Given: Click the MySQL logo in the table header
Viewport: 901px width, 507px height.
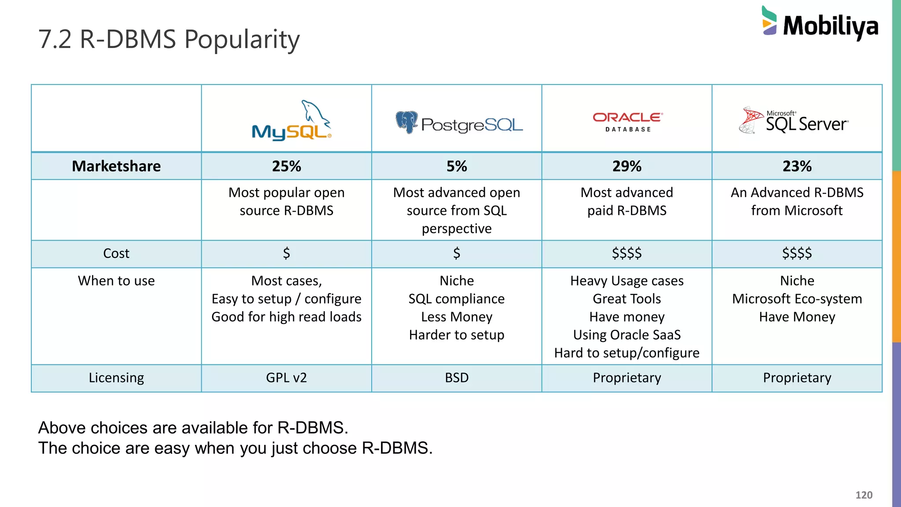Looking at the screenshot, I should [x=291, y=121].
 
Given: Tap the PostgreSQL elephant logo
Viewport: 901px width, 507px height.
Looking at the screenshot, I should [x=407, y=121].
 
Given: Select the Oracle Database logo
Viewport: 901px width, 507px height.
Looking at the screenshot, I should [x=627, y=121].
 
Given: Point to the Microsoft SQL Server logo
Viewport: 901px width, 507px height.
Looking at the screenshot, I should [x=794, y=121].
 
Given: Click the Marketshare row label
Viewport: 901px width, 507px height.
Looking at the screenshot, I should [x=116, y=166].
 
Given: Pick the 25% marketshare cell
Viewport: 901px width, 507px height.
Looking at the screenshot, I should [x=286, y=166].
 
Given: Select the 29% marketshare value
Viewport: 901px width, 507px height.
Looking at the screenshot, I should [x=627, y=166].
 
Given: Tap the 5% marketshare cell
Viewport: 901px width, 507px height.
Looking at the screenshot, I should [x=457, y=166].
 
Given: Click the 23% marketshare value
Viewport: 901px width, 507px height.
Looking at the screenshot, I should [x=797, y=166].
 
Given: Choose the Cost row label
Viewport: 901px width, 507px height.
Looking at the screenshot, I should [x=116, y=253].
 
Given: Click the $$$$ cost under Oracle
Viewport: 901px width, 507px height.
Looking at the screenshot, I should [x=627, y=253].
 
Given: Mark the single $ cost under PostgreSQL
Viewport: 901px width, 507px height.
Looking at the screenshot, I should [x=457, y=253].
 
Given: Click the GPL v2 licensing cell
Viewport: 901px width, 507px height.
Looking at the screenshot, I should [x=286, y=378].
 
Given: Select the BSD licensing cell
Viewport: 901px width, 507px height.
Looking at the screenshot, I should [x=457, y=378].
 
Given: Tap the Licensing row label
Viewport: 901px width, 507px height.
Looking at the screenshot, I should [x=116, y=378].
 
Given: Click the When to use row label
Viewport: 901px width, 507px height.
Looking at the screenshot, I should [x=116, y=281].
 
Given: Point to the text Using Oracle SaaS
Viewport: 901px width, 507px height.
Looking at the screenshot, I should [x=627, y=335].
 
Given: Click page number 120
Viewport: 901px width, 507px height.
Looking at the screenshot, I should [x=864, y=495].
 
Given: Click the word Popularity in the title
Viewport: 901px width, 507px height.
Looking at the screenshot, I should [x=242, y=40].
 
